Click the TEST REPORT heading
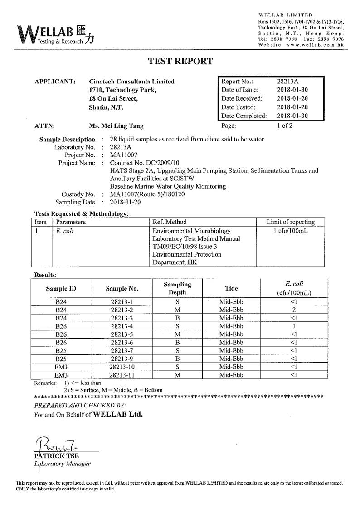click(180, 62)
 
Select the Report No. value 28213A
click(287, 82)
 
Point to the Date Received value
click(292, 99)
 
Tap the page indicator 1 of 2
click(285, 126)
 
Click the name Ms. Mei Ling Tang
click(117, 126)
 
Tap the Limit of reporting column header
click(291, 222)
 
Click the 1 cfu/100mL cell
click(291, 231)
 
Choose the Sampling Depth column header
click(177, 288)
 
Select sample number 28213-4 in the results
click(122, 326)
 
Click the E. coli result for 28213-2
click(294, 310)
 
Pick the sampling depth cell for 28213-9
click(177, 359)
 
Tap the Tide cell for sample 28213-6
click(231, 342)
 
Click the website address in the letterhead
click(301, 45)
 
